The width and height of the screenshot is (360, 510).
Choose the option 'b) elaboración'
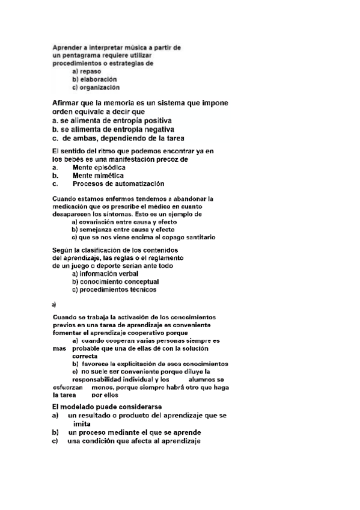(94, 79)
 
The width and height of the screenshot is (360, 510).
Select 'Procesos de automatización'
(118, 184)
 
